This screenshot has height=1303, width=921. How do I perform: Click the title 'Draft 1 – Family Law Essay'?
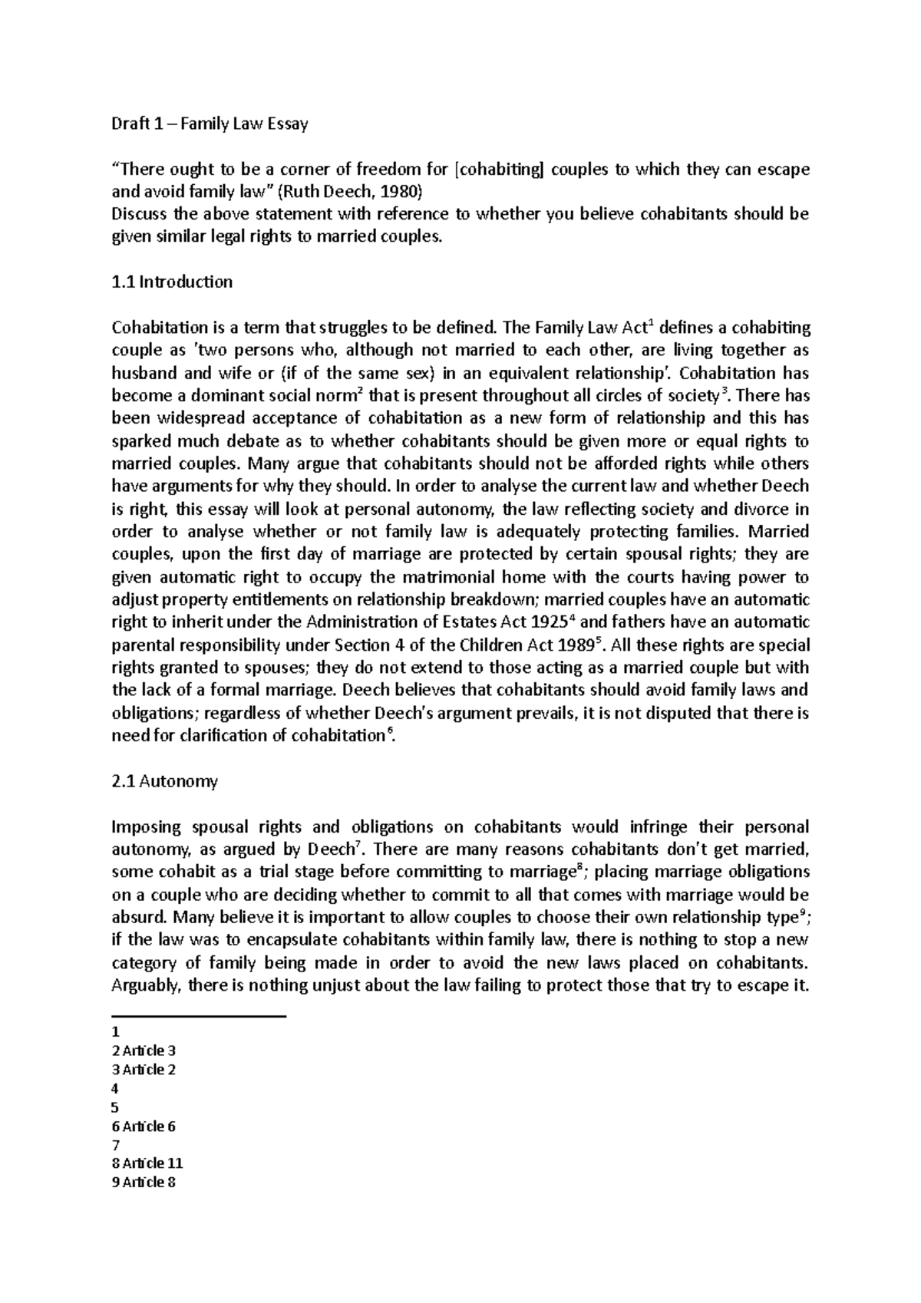click(x=210, y=124)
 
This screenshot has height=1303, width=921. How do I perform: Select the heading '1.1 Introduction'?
click(x=172, y=282)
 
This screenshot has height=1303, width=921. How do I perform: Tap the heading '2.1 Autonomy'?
click(x=164, y=782)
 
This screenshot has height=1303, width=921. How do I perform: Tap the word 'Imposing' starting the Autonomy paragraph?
click(x=144, y=828)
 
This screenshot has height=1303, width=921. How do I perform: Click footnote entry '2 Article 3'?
click(x=144, y=1051)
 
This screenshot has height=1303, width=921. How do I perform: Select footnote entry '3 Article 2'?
click(x=144, y=1070)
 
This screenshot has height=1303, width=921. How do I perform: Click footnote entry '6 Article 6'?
click(x=144, y=1127)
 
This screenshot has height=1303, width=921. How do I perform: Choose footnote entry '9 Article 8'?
click(x=144, y=1183)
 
